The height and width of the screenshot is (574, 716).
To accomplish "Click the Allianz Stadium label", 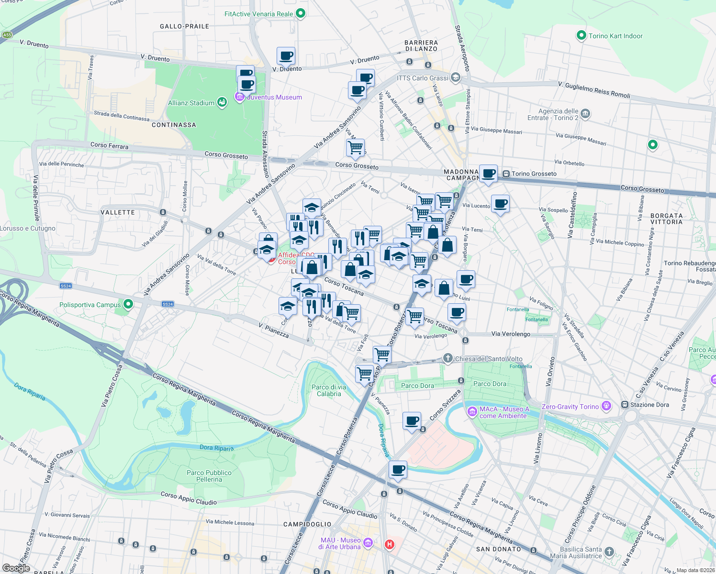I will point(191,103).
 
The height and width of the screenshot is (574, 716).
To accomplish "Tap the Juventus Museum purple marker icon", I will point(239,97).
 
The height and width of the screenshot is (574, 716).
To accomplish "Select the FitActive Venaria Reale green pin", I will point(301,13).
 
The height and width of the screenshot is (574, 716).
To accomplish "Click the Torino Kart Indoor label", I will point(615,36).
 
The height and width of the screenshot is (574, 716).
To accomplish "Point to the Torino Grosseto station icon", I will point(506,174).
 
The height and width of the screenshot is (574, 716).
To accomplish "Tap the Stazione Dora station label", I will point(649,405).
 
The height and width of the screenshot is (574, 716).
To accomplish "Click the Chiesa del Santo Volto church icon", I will point(447,358).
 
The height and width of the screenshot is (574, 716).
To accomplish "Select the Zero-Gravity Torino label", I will point(570,407).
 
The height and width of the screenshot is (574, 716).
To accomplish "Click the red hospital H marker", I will point(390,544).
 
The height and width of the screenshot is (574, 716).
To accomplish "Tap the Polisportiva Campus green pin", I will point(128,304).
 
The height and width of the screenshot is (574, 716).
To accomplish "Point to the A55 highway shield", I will point(7,35).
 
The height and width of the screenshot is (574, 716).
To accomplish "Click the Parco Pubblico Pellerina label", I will point(209,476).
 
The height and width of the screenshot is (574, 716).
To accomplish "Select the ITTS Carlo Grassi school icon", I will point(455,77).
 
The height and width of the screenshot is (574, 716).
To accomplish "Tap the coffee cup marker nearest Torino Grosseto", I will point(489,173).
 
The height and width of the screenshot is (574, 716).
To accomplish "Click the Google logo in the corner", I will point(16,568).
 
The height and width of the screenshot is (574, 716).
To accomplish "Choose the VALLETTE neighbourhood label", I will point(118,212).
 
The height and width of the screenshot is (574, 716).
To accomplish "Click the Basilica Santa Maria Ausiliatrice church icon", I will point(609,552).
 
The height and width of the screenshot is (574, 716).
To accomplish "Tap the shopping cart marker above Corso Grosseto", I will point(355,148).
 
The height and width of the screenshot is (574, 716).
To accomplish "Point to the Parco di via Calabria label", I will point(329,390).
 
